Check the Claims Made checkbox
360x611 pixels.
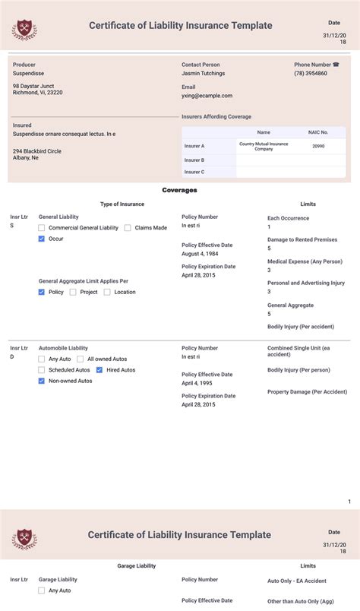tap(128, 228)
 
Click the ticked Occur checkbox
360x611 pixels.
tap(42, 239)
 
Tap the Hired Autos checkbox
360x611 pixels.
tap(99, 370)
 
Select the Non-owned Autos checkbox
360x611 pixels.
tap(42, 381)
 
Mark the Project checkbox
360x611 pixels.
tap(73, 292)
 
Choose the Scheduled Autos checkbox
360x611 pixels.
tap(42, 370)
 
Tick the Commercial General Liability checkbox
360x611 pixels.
tap(42, 228)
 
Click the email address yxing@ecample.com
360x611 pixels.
tap(207, 96)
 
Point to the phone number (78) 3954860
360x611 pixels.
tap(311, 74)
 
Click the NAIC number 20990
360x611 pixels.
tap(318, 146)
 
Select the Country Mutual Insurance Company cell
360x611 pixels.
tap(264, 146)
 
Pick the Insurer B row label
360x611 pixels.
tap(194, 160)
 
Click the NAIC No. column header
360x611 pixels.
tap(318, 132)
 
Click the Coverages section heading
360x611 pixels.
tap(180, 190)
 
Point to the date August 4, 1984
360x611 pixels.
tap(200, 254)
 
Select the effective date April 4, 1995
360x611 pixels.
tap(198, 384)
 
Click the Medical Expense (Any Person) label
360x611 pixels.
tap(305, 261)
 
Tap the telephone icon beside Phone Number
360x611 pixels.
tap(336, 65)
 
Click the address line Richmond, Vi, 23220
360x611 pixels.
tap(38, 93)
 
